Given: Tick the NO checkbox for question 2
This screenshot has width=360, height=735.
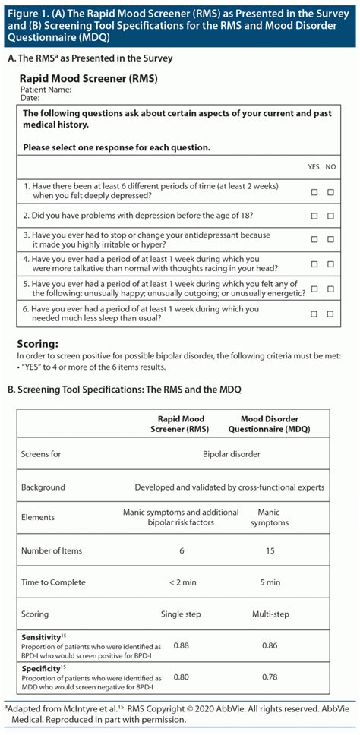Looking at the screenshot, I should click(330, 216).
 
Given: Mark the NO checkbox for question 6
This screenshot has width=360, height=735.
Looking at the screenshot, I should click(330, 313).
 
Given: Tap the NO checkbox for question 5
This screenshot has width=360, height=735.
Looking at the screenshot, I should click(330, 289).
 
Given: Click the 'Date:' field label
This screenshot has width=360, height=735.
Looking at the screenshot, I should click(30, 98).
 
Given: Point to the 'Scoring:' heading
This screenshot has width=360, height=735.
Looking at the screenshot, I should click(38, 343).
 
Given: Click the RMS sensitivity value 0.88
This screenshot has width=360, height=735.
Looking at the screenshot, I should click(182, 645).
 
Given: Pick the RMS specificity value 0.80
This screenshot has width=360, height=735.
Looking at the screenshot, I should click(182, 677).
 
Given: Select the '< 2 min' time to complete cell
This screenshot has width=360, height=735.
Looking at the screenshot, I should click(182, 582).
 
